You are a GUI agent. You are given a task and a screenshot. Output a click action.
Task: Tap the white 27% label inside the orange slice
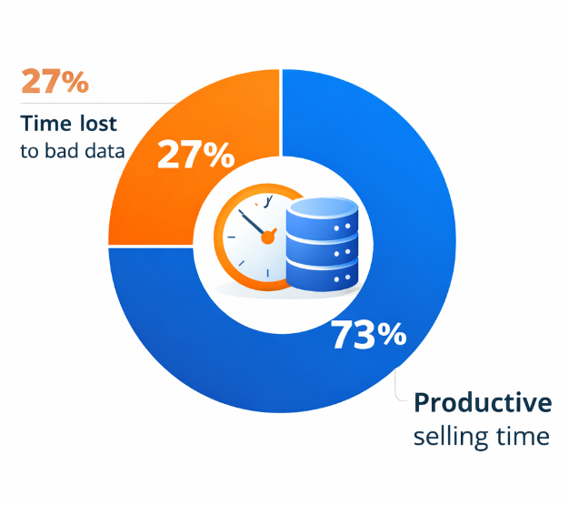[x=195, y=155]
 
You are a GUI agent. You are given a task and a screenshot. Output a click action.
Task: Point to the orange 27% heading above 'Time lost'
[x=55, y=82]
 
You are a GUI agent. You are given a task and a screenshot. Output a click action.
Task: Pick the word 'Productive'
[x=482, y=402]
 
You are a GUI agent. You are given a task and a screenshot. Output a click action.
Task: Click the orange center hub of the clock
[x=267, y=237]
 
